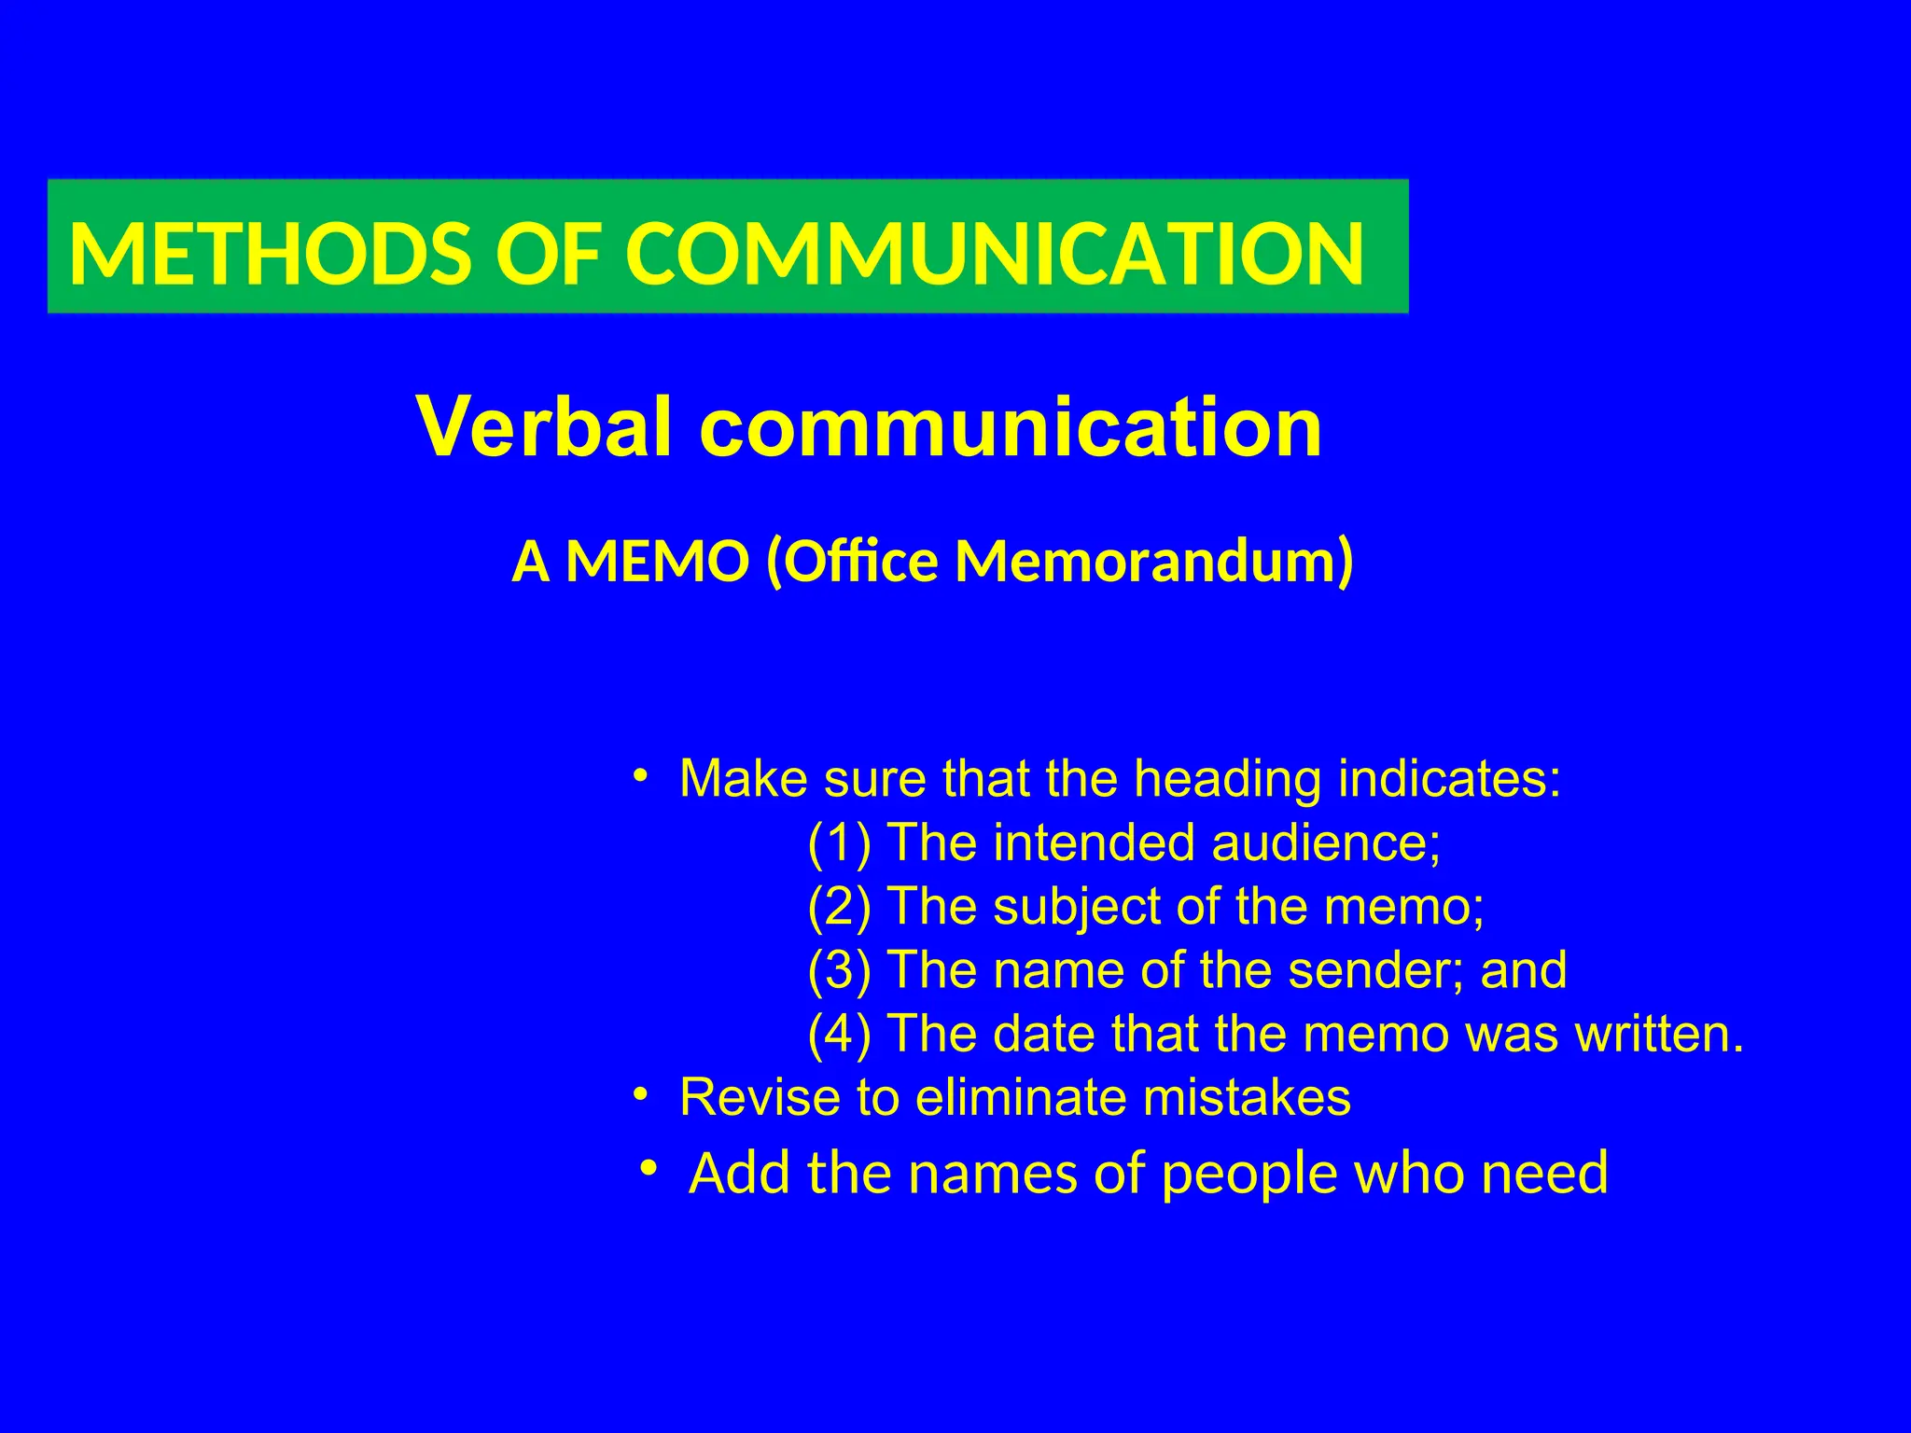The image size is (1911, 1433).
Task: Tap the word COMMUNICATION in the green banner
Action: click(x=995, y=254)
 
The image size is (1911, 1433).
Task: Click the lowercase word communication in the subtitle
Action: click(x=1011, y=427)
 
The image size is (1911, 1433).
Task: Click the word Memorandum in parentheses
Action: click(x=1153, y=563)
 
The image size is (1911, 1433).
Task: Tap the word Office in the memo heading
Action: click(x=851, y=563)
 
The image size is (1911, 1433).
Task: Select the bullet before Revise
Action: click(x=639, y=1093)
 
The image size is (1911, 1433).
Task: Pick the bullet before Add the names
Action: click(x=649, y=1168)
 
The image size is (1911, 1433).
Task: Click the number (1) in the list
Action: click(x=839, y=842)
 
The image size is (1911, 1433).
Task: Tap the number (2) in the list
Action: click(x=839, y=906)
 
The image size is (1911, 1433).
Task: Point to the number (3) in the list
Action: click(x=839, y=969)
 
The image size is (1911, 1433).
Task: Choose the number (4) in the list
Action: click(x=839, y=1033)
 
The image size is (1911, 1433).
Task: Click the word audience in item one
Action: click(x=1326, y=842)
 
